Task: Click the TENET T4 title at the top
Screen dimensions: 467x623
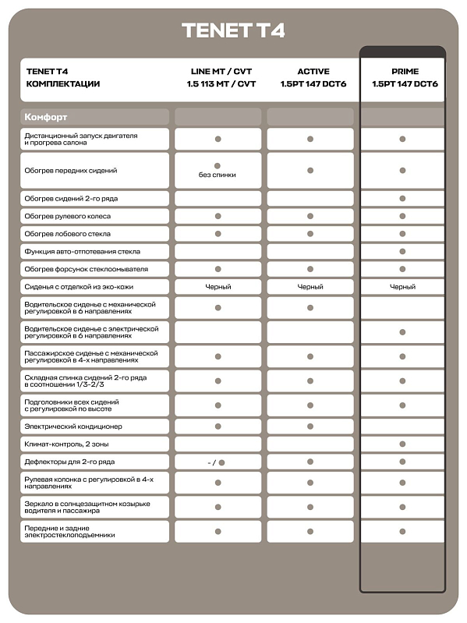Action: click(233, 30)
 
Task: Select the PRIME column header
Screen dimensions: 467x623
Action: click(402, 72)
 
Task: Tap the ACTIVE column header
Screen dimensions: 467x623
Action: click(313, 72)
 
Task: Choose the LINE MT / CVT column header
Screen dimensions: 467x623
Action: click(221, 72)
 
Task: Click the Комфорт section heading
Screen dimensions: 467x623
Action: click(46, 117)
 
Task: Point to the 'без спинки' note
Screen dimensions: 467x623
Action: click(218, 175)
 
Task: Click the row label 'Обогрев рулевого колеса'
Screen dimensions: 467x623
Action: click(68, 216)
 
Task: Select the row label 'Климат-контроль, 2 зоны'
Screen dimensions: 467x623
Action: click(68, 444)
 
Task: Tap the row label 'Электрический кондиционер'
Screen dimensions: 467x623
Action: click(73, 427)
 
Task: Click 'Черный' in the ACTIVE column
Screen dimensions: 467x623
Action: click(310, 287)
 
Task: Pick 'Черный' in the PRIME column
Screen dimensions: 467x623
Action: click(402, 287)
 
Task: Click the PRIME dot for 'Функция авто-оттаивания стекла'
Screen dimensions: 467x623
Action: click(402, 251)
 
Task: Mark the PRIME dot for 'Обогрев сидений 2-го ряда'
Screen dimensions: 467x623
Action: click(402, 199)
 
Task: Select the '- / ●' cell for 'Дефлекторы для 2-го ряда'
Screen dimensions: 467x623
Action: click(218, 462)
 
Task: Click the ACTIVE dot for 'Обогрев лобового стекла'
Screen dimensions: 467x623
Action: click(310, 234)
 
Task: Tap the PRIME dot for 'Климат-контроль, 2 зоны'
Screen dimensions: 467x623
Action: click(402, 444)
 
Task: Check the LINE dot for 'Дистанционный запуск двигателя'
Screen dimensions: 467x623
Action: click(218, 139)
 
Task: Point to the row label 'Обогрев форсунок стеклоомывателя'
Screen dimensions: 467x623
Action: click(86, 269)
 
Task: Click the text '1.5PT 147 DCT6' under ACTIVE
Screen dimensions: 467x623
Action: click(313, 83)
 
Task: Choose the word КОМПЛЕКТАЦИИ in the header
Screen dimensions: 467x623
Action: click(63, 83)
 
